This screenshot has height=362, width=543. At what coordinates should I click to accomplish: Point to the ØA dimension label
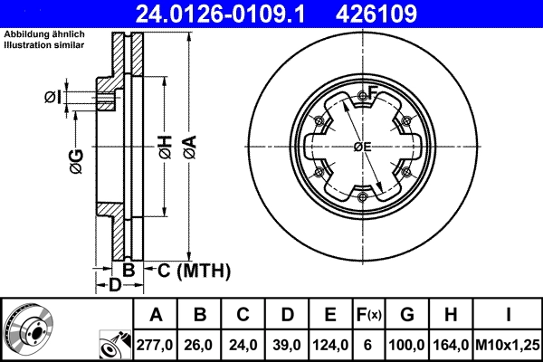coord(189,146)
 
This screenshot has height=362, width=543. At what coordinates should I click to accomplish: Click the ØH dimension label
coord(164,146)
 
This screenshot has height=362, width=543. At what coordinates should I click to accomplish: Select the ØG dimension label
coord(76,161)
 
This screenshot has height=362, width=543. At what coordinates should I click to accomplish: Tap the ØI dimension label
coord(53,98)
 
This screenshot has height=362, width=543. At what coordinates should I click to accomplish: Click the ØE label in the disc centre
coord(362,147)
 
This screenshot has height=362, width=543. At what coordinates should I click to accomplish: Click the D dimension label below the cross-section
coord(115,286)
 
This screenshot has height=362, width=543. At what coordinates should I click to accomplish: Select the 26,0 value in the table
coord(200,345)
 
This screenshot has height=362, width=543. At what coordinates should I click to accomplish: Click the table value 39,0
coord(287,345)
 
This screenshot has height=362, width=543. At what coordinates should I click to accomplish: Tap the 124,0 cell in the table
coord(330,345)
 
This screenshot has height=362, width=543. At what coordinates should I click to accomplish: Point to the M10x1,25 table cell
coord(510,345)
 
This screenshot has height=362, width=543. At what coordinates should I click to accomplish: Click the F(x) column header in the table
coord(370,316)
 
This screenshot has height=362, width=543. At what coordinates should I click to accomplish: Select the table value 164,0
coord(451,345)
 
